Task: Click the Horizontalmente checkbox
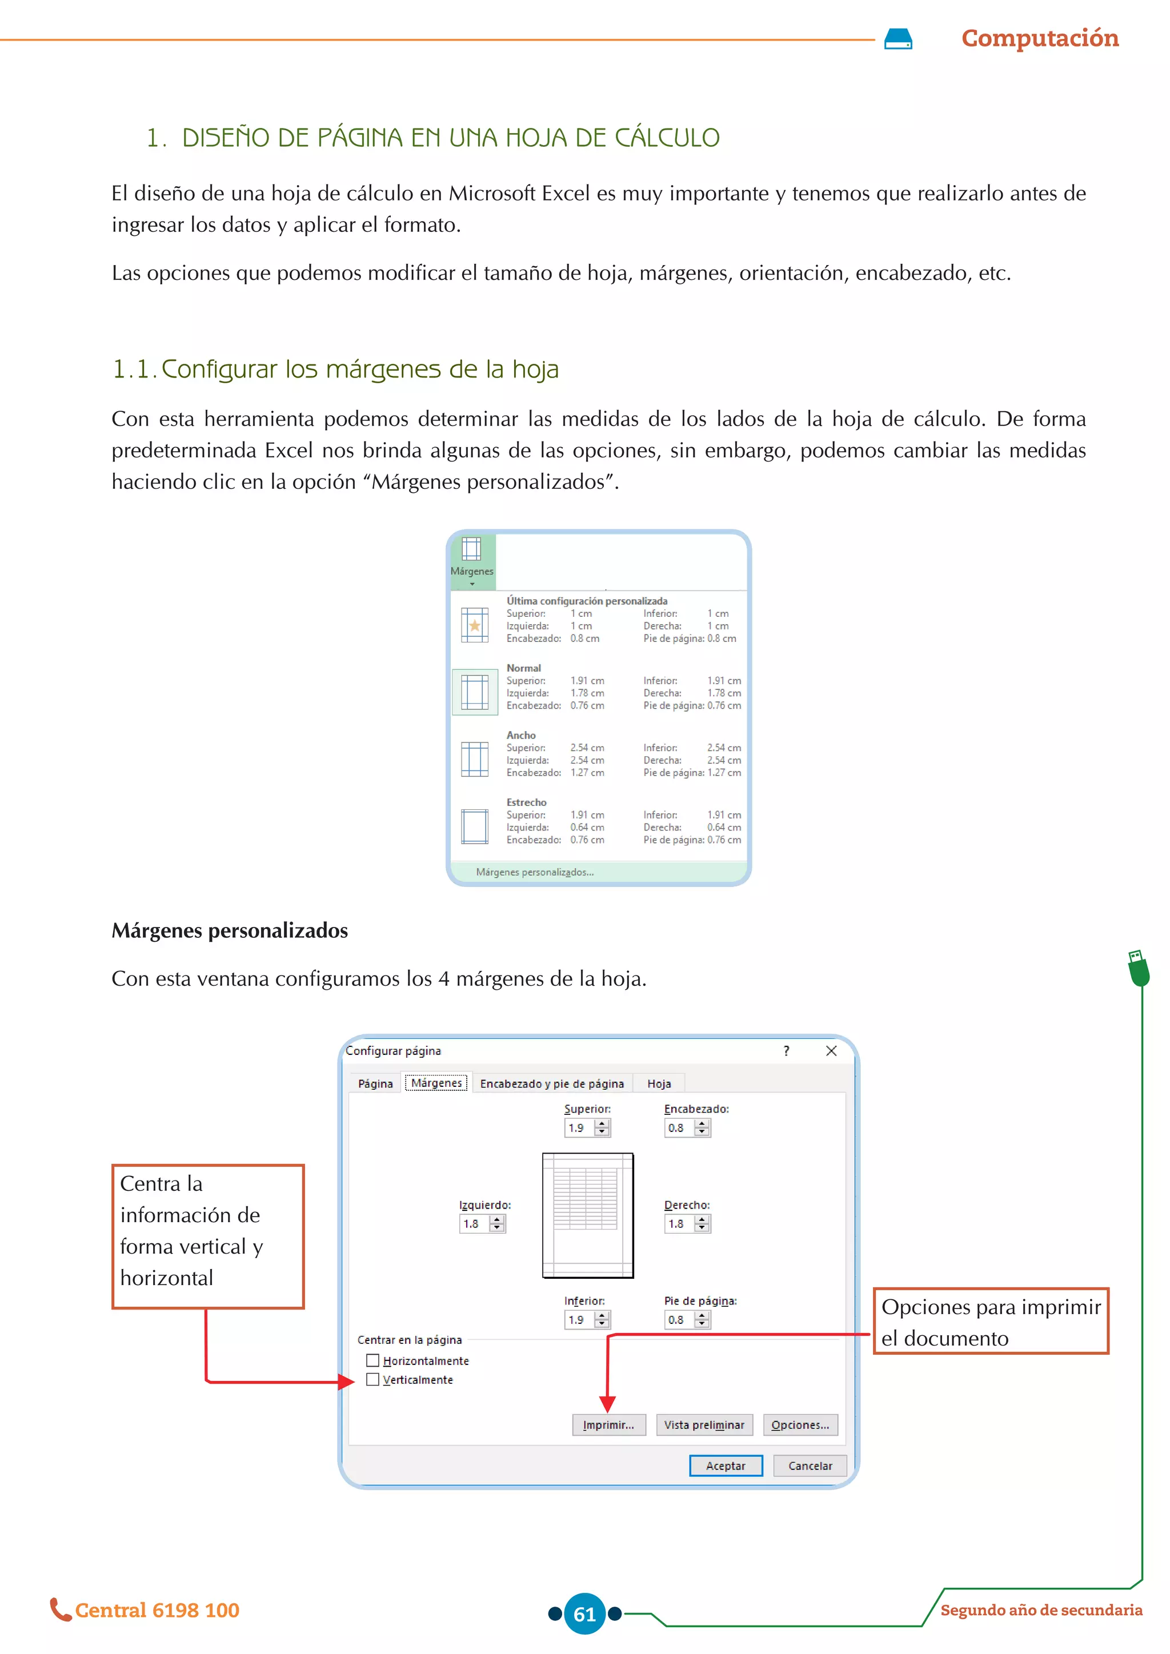(x=372, y=1360)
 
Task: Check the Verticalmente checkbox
(x=372, y=1379)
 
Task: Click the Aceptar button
(x=725, y=1466)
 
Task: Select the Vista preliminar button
(x=704, y=1424)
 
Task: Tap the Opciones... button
(x=800, y=1424)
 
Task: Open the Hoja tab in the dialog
(x=659, y=1083)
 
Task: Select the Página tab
(x=375, y=1083)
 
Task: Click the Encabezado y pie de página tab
(x=552, y=1083)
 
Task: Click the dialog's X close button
(x=831, y=1051)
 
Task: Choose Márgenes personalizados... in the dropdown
(x=535, y=872)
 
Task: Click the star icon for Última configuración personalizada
(x=475, y=625)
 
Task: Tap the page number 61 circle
(x=584, y=1613)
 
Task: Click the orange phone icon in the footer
(x=60, y=1609)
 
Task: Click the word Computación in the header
(x=1040, y=38)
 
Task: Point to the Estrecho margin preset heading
(x=526, y=802)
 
